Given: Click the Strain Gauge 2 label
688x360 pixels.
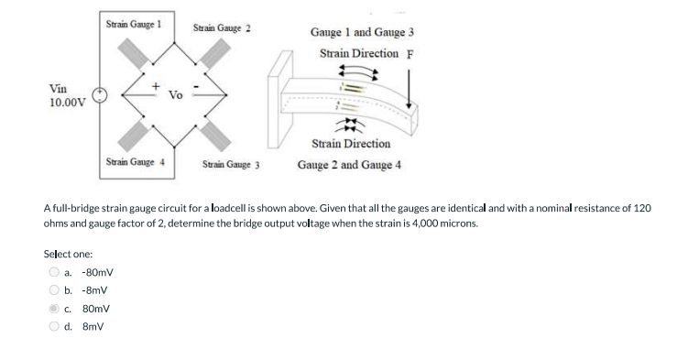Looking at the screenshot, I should coord(223,28).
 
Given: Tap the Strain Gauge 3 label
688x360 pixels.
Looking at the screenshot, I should coord(232,167).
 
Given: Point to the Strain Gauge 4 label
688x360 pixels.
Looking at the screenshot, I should coord(134,160).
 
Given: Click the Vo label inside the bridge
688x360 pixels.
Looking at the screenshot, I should coord(176,94).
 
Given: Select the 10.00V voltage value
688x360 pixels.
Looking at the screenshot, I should coord(67,102).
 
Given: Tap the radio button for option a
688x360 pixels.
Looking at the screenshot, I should coord(54,272).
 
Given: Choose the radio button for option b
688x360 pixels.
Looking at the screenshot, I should coord(54,290).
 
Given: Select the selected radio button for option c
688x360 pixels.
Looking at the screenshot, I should coord(54,309).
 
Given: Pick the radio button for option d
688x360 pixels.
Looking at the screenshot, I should coord(54,326).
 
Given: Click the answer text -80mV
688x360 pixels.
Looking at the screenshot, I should coord(97,272).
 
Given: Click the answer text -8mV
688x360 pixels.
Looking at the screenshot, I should coord(95,290).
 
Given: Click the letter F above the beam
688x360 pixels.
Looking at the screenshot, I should coord(410,52).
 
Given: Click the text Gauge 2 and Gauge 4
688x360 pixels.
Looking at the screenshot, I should coord(349,166).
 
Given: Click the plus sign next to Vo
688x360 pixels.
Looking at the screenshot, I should coord(157,86).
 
